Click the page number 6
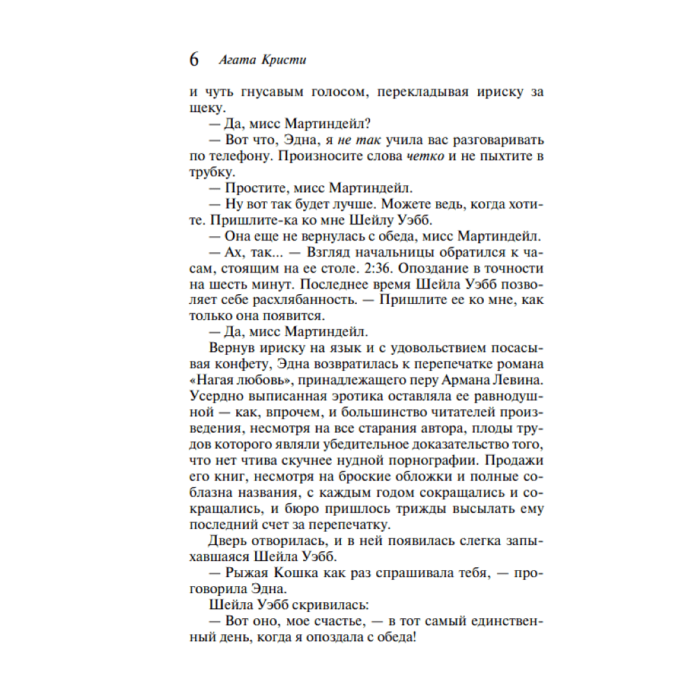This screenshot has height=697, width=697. coord(194,60)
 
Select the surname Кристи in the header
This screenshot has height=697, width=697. coord(283,60)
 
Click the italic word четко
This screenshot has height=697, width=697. coord(424,155)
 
